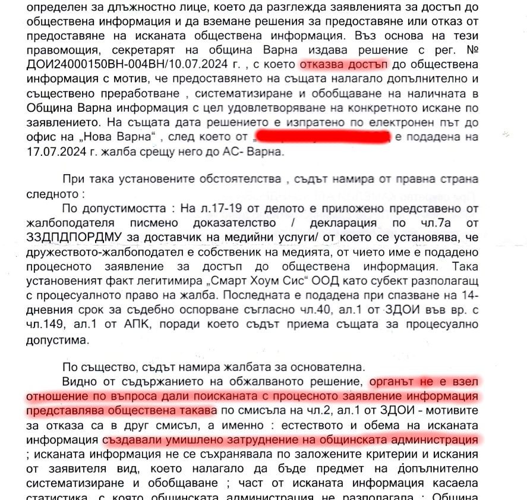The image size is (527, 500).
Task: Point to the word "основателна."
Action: (322, 366)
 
